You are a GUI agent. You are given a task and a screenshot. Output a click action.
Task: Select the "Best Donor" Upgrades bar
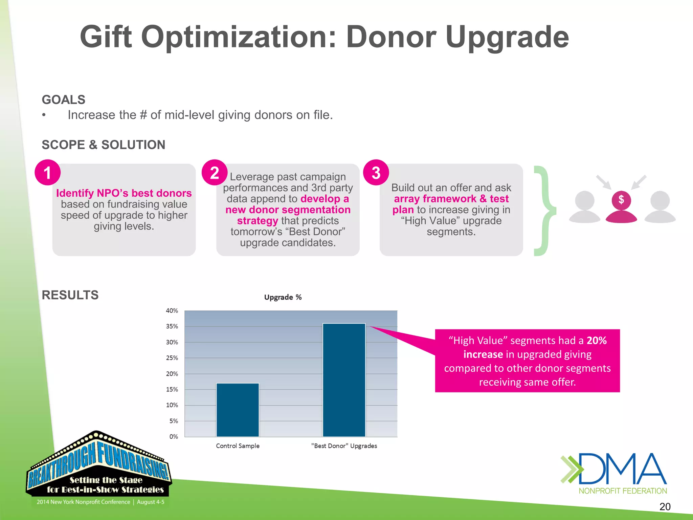(x=344, y=380)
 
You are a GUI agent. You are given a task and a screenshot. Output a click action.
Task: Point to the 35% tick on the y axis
(x=172, y=326)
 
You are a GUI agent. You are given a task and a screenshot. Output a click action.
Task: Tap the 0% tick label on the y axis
(x=174, y=437)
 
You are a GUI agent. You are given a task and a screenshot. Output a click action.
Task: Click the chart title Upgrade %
(x=283, y=297)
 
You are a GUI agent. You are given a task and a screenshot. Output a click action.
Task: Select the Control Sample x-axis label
(x=238, y=446)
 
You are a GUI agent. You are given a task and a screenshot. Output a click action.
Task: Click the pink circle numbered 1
(x=47, y=173)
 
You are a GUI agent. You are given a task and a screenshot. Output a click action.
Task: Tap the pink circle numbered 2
(x=214, y=173)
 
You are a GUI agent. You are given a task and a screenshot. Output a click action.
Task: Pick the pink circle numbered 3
(x=376, y=173)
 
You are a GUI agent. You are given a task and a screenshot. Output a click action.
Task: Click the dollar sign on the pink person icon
(x=621, y=199)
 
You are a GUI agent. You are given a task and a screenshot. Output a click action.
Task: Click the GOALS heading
(x=63, y=100)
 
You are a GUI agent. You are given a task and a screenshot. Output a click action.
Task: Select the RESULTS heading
(x=70, y=295)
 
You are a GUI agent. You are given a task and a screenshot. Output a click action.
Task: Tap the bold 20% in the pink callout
(x=597, y=340)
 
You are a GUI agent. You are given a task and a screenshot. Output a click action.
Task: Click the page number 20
(x=665, y=506)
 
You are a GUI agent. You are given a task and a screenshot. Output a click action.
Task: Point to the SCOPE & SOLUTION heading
(x=103, y=145)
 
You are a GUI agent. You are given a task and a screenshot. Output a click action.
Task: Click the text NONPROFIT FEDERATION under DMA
(x=623, y=491)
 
